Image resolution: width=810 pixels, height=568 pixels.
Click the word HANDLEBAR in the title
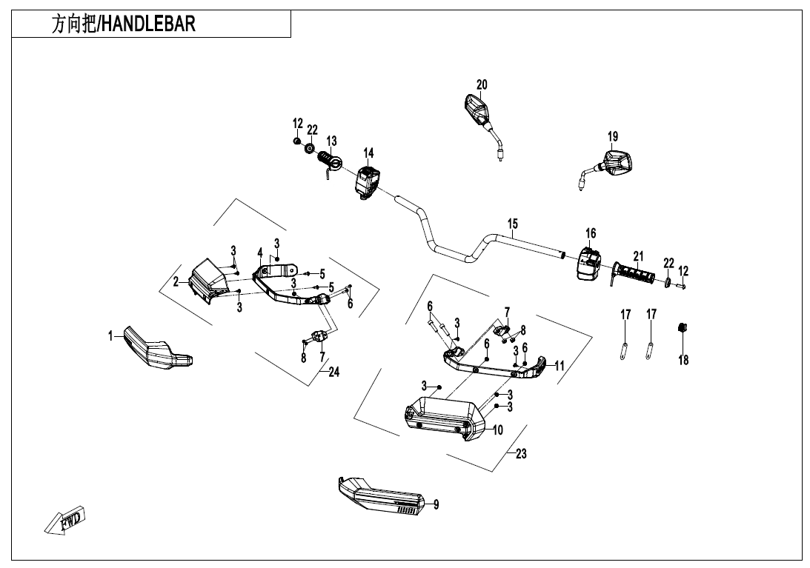click(x=147, y=24)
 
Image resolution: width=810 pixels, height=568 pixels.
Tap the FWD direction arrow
click(x=64, y=522)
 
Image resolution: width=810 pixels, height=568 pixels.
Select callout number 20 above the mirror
click(x=482, y=84)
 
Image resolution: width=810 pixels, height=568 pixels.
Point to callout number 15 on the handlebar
click(x=513, y=224)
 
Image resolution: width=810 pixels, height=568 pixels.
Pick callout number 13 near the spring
click(x=331, y=141)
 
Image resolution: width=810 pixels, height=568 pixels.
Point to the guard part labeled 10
click(x=443, y=419)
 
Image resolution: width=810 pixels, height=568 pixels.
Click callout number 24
click(x=334, y=372)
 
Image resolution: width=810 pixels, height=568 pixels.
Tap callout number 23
click(x=521, y=454)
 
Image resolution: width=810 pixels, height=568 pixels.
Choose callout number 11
click(x=560, y=365)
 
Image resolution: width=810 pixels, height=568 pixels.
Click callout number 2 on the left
click(x=176, y=281)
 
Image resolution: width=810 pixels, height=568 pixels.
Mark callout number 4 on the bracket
click(x=260, y=253)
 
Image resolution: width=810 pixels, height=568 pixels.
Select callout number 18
click(x=683, y=360)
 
